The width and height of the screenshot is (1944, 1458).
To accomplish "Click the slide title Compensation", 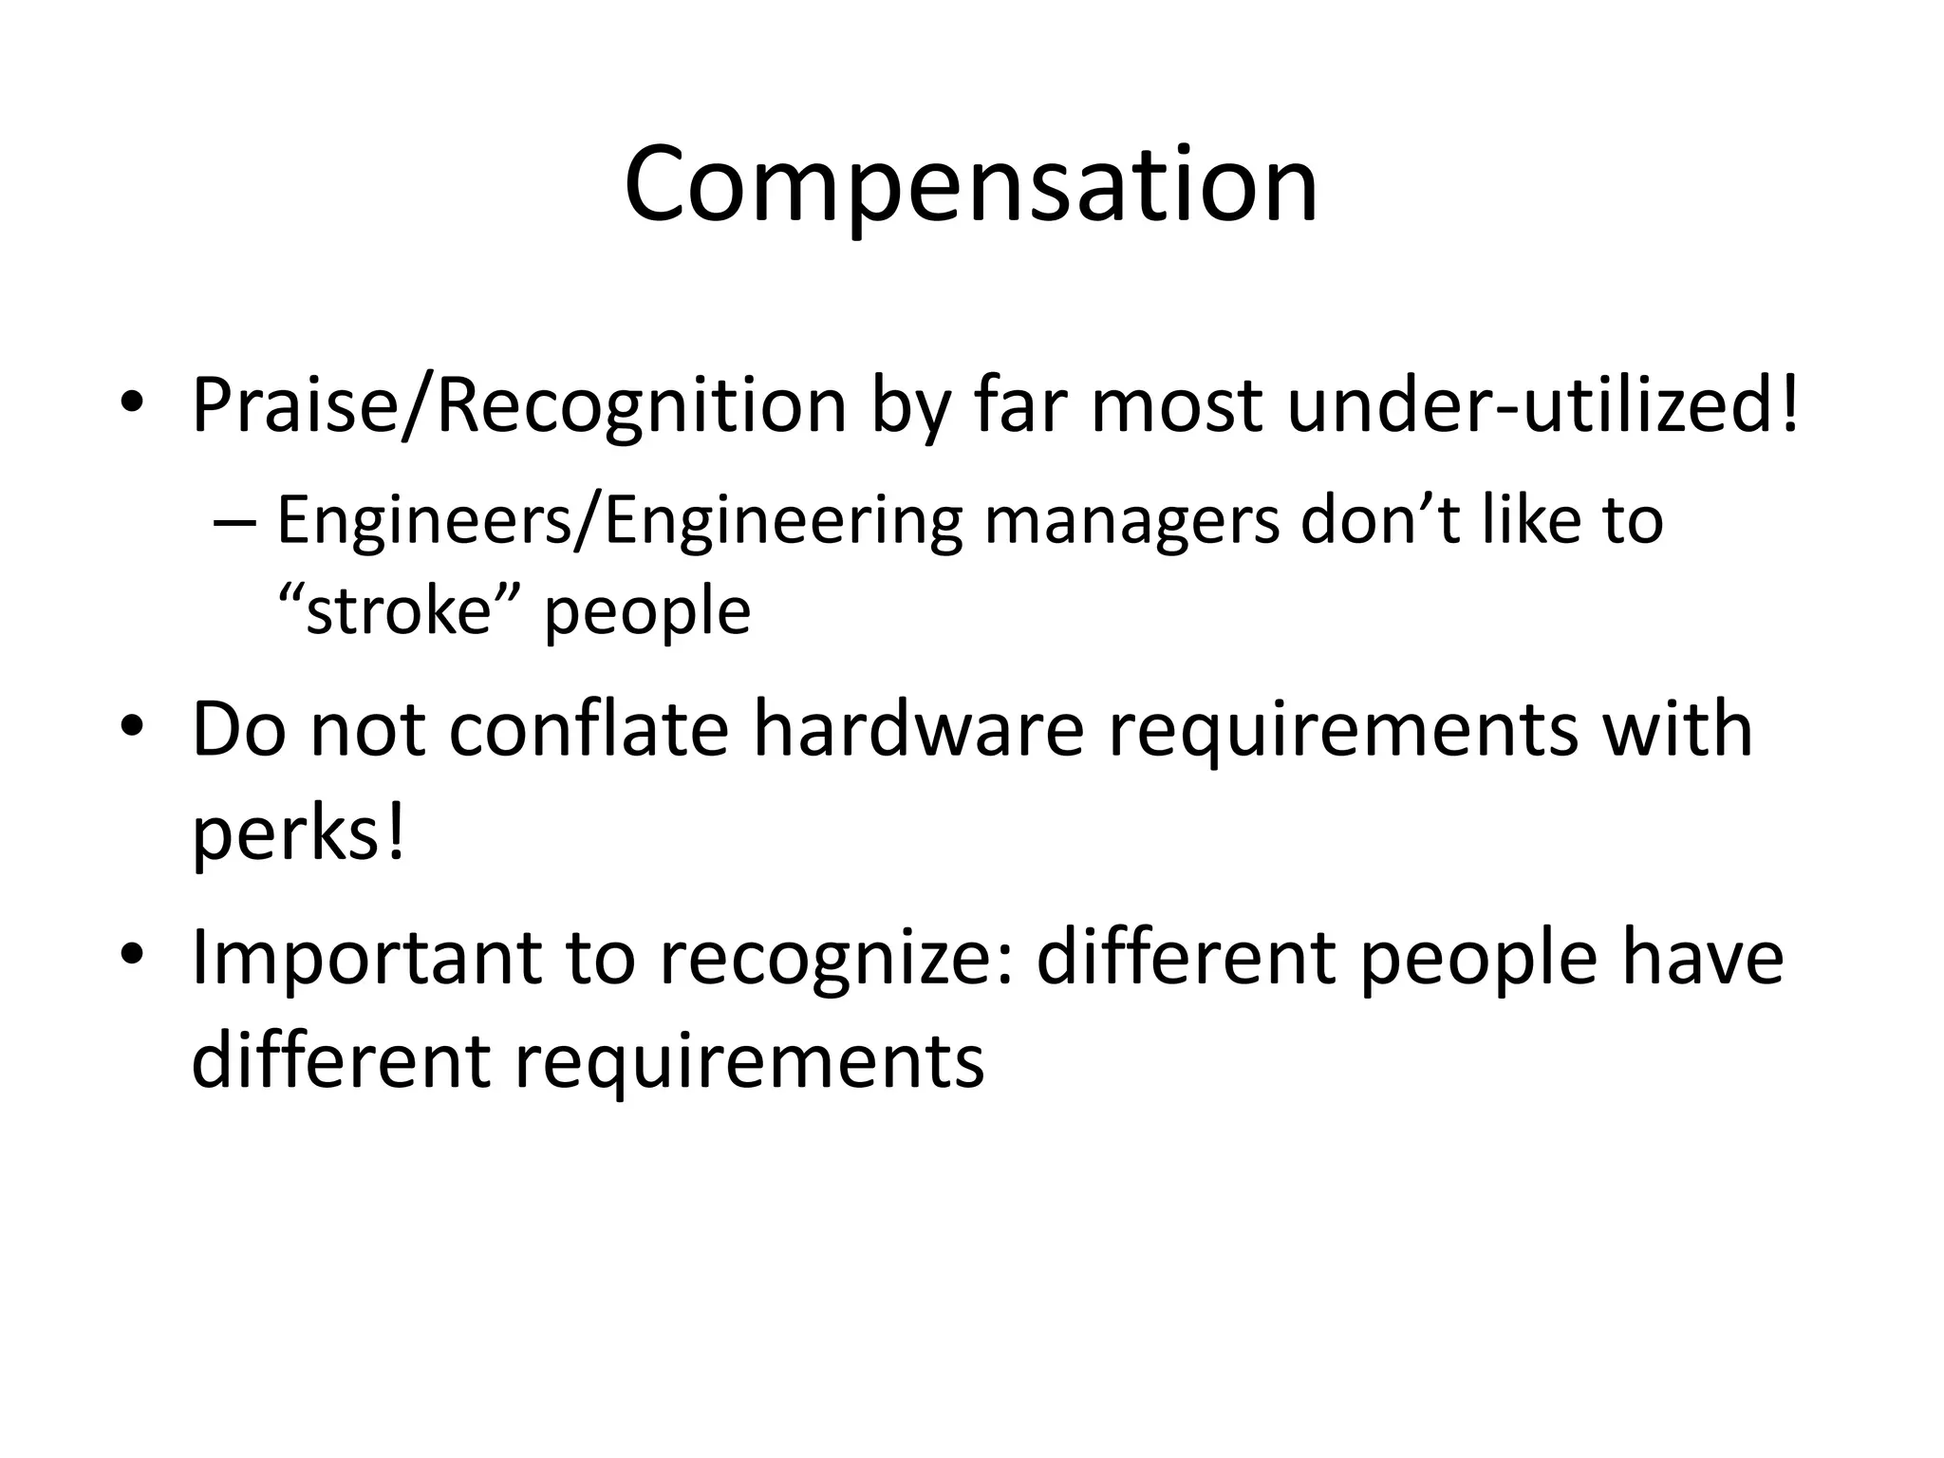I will (971, 185).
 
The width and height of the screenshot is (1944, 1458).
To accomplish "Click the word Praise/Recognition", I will (519, 406).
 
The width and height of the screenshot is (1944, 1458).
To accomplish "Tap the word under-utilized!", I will (1542, 406).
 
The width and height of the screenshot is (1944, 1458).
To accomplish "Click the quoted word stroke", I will (397, 610).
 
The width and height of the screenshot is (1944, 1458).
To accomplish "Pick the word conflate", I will (589, 729).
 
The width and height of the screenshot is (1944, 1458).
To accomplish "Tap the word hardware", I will (918, 729).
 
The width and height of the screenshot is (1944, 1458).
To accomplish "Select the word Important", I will (366, 958).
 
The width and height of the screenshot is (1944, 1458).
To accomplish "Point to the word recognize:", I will (836, 958).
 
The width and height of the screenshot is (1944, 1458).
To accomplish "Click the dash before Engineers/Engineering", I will (234, 524).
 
